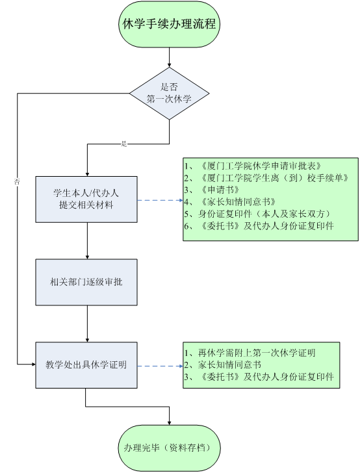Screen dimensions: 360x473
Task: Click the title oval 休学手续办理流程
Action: tap(169, 24)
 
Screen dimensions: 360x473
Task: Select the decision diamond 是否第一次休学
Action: tap(170, 93)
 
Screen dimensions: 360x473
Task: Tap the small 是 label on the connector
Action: tap(123, 144)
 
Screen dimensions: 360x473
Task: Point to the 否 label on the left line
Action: tap(17, 182)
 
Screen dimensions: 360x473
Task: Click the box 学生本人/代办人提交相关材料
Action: tap(86, 199)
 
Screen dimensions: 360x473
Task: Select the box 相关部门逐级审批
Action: tap(86, 282)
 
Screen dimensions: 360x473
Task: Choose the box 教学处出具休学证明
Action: tap(86, 365)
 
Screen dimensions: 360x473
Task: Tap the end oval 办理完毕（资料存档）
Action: tap(169, 448)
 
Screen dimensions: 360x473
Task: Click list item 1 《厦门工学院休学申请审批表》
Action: tap(253, 166)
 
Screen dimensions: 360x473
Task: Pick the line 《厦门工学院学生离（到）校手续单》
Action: tap(267, 178)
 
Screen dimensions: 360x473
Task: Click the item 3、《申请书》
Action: tap(212, 190)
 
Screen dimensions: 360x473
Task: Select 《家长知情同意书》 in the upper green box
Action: tap(238, 202)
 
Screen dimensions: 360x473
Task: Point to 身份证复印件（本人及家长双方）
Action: tap(264, 214)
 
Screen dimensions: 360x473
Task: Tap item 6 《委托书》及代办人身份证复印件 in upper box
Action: tap(259, 226)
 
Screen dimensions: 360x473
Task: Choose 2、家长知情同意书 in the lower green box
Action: tap(223, 364)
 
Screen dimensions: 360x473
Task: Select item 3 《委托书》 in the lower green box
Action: tap(259, 377)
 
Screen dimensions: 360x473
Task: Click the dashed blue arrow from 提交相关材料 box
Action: tap(161, 200)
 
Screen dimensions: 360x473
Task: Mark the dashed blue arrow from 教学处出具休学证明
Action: tap(161, 366)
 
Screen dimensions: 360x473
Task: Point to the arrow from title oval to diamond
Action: tap(170, 57)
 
